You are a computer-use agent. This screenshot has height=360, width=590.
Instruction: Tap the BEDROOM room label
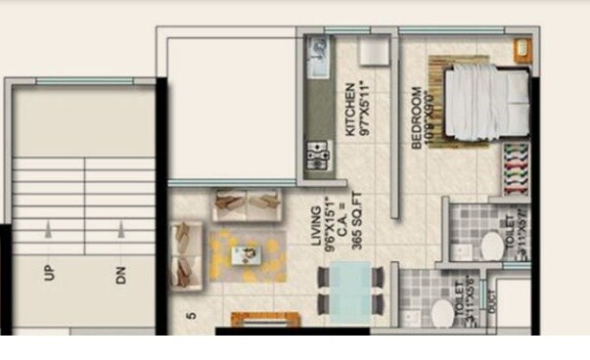(417, 117)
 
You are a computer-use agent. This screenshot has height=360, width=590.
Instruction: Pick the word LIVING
(318, 240)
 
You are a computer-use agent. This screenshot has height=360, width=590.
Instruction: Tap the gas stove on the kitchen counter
(319, 155)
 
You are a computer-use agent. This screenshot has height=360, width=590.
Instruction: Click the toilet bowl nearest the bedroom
(490, 247)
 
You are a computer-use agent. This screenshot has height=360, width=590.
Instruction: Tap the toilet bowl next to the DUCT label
(440, 315)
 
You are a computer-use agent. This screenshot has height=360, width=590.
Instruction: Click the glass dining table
(348, 290)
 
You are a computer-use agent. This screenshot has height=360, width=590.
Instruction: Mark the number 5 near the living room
(193, 316)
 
